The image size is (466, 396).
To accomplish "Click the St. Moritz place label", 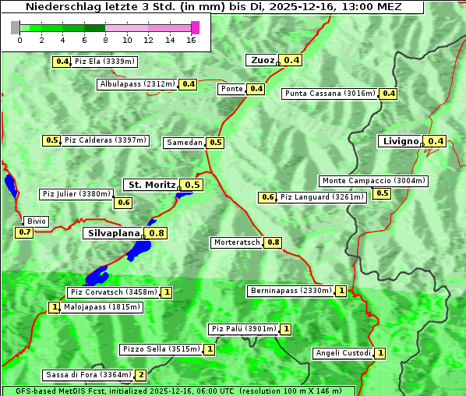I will click(x=151, y=185).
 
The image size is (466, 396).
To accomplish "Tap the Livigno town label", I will click(x=400, y=141).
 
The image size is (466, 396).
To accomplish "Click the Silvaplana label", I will click(x=114, y=233).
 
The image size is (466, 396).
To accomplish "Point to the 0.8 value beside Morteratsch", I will click(x=274, y=242).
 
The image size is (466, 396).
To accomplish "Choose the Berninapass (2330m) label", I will click(x=291, y=291).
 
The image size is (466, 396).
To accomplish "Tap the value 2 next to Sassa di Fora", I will click(x=141, y=375).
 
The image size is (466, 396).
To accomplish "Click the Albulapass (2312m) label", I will click(x=137, y=84).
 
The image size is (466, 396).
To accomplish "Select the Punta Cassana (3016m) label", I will click(x=330, y=94).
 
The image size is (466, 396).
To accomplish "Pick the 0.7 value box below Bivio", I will click(x=24, y=232).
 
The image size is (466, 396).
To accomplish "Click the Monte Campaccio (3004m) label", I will click(x=373, y=181).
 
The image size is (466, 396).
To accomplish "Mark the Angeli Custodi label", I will click(x=343, y=353).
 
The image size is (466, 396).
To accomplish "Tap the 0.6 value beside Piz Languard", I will click(x=267, y=197).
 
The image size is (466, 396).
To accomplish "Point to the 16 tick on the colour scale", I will click(x=190, y=40).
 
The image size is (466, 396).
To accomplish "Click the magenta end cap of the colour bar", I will click(x=195, y=27).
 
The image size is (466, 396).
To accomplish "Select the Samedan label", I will click(x=184, y=143).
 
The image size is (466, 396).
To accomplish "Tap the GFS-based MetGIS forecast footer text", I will click(x=178, y=391).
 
